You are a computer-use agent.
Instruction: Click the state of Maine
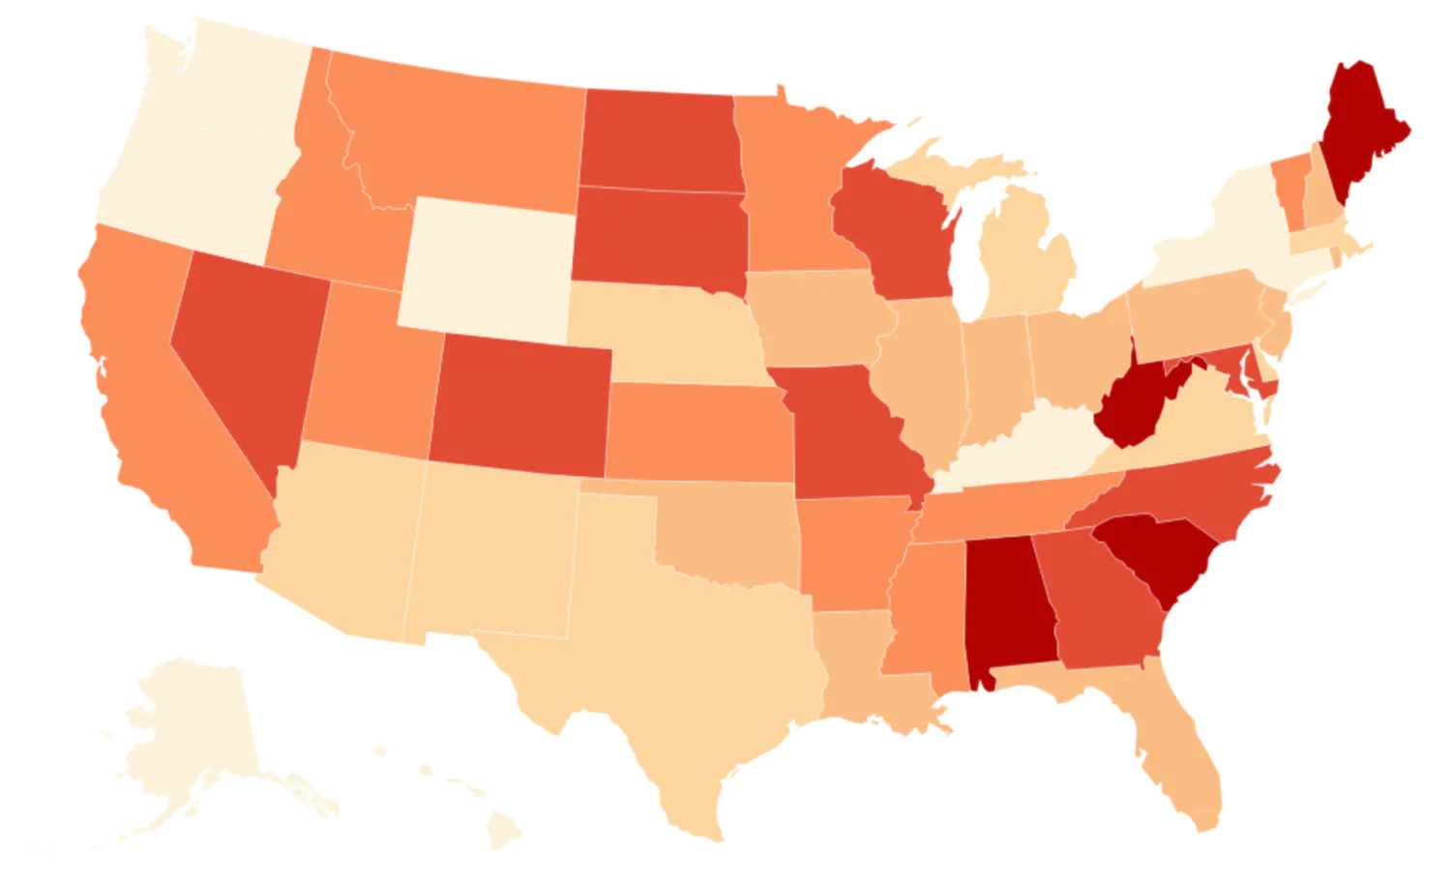coord(1359,126)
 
